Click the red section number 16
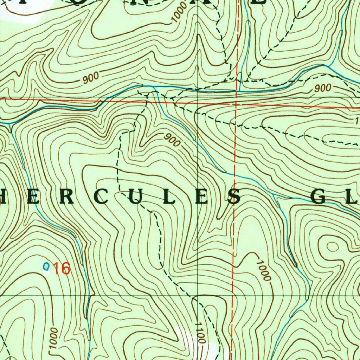(x=62, y=268)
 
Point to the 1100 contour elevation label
(x=200, y=332)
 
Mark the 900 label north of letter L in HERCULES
(x=172, y=140)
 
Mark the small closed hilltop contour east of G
(x=332, y=246)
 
